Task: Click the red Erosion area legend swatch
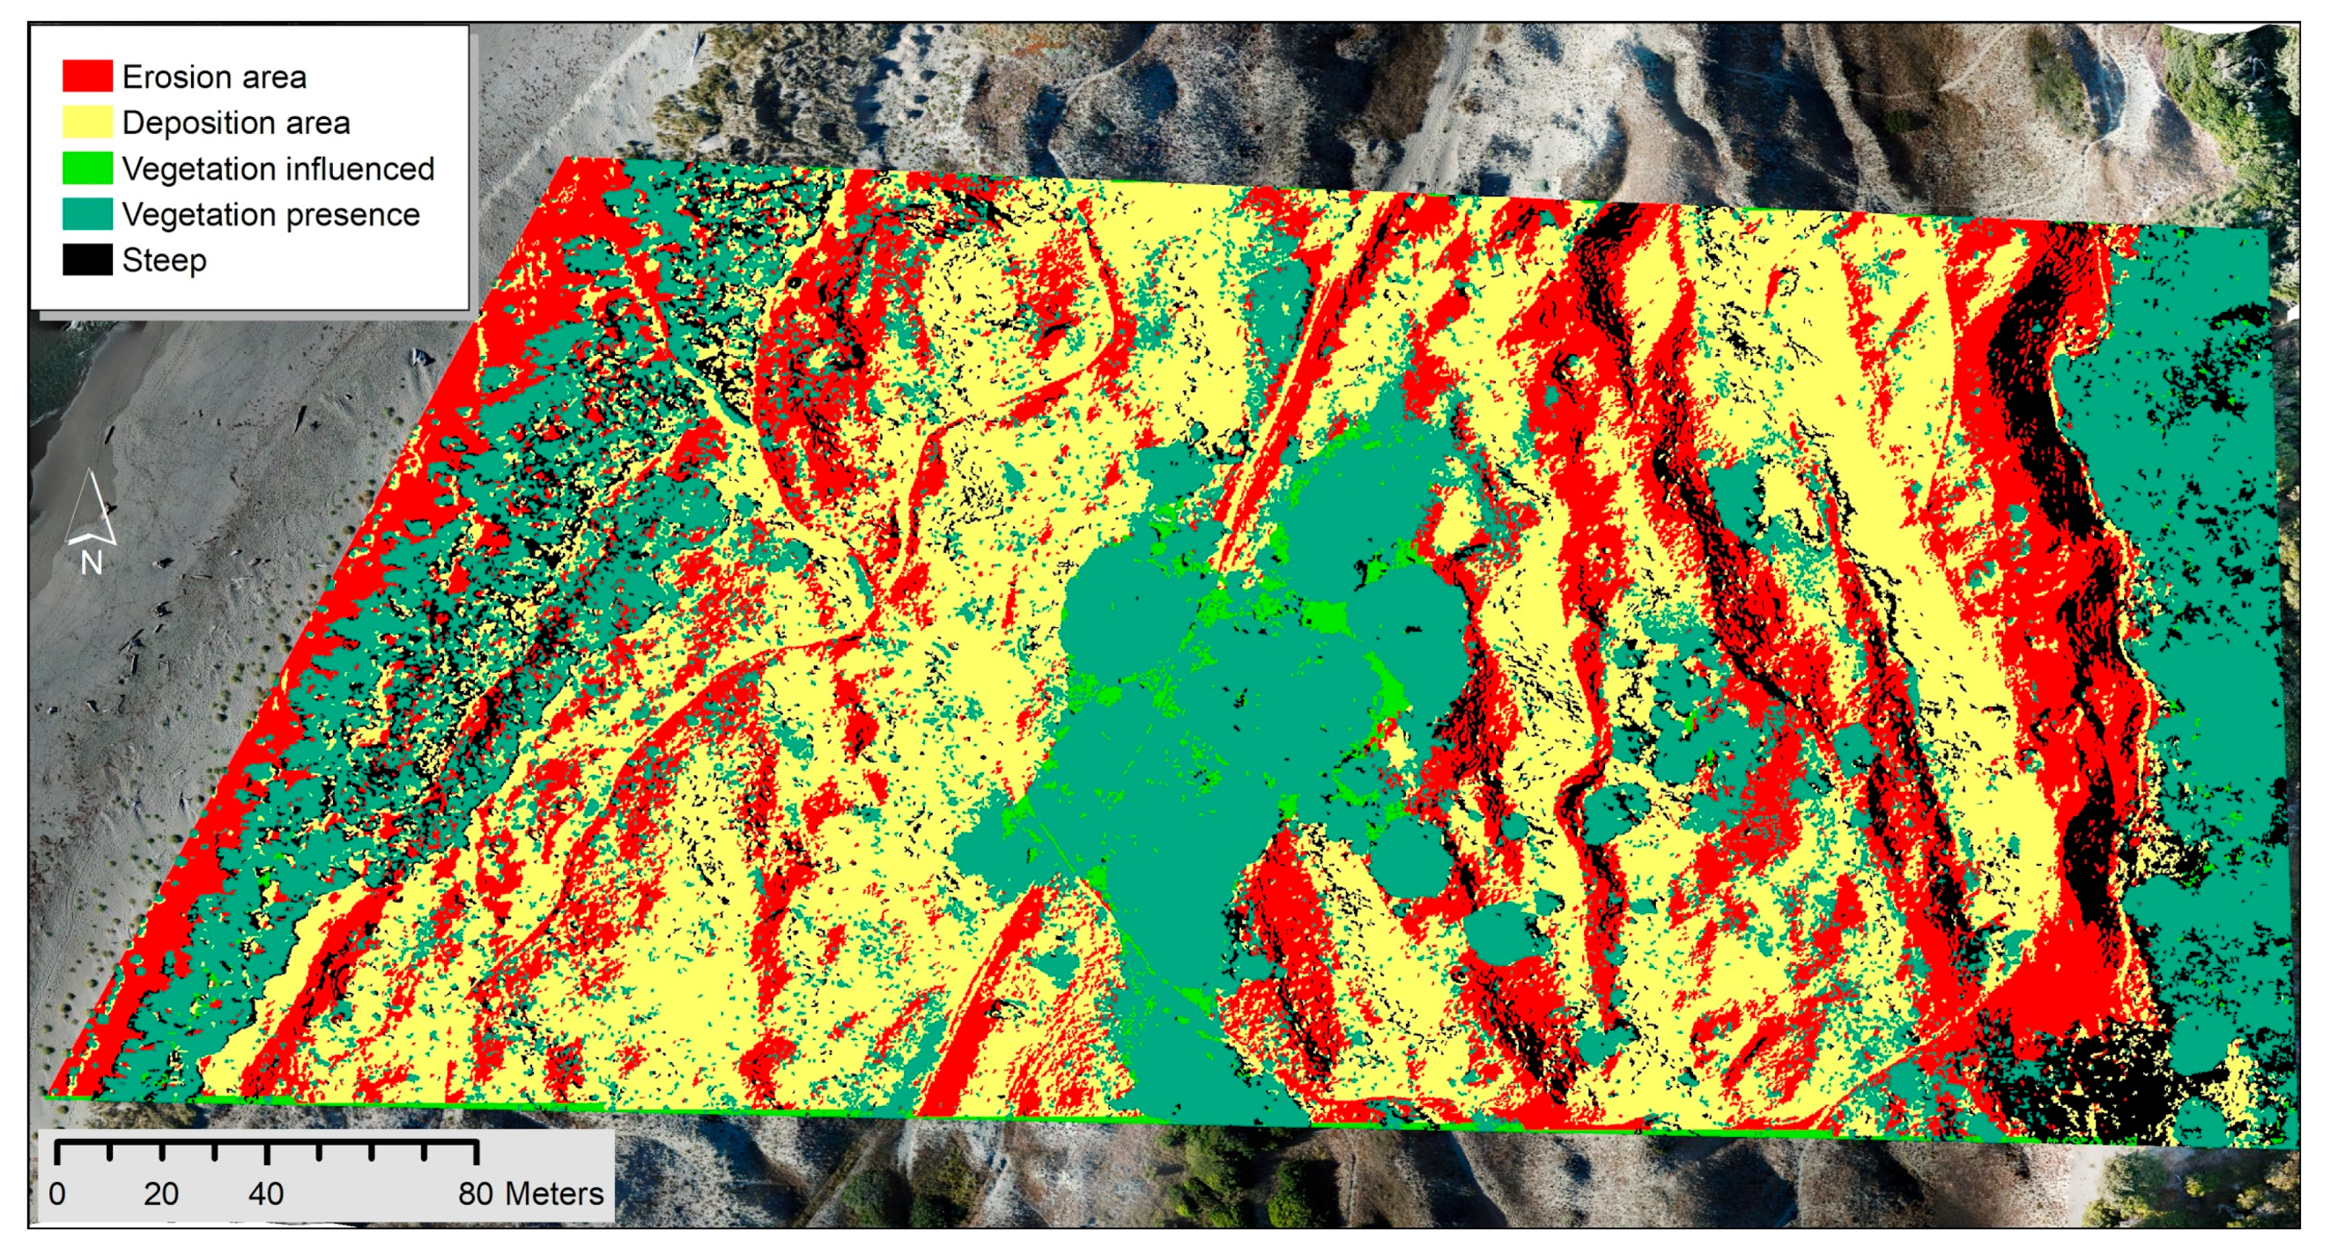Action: [x=87, y=76]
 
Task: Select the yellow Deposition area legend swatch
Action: [x=87, y=122]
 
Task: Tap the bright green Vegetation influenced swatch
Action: [x=87, y=168]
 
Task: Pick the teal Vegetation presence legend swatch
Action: [x=87, y=214]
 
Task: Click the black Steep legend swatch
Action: [x=87, y=261]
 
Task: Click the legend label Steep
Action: [x=164, y=262]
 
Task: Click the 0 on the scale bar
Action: [x=57, y=1194]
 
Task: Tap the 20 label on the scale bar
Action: [x=161, y=1194]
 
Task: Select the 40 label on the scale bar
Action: [x=266, y=1194]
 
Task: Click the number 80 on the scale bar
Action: [x=476, y=1194]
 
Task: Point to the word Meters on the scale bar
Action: [x=553, y=1194]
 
